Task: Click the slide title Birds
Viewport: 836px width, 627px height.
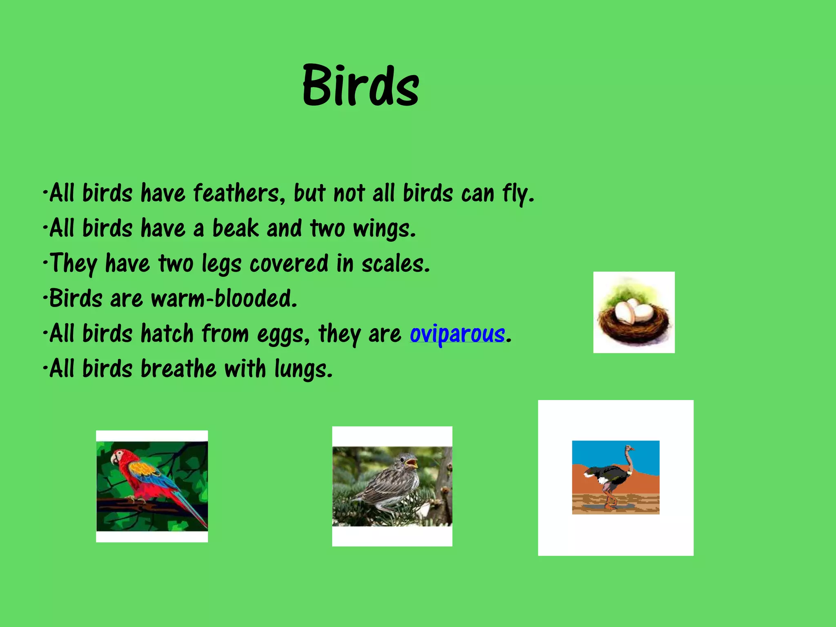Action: (x=361, y=86)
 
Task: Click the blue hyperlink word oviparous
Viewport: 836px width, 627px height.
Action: (x=457, y=334)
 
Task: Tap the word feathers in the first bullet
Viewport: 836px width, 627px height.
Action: (x=236, y=193)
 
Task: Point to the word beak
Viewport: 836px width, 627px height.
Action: (x=236, y=228)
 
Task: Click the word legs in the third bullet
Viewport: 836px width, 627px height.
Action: (x=221, y=264)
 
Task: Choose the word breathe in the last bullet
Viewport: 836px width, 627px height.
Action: (x=178, y=369)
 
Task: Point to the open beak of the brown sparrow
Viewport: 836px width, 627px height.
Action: (x=412, y=463)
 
